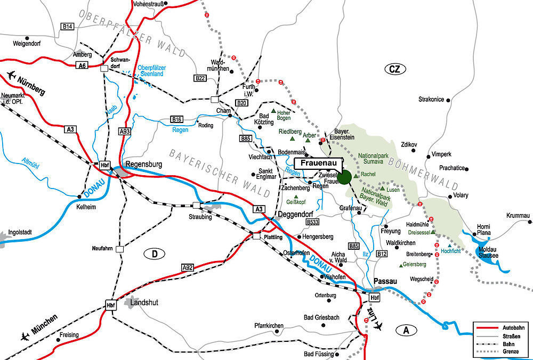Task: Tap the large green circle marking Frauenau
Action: pyautogui.click(x=344, y=177)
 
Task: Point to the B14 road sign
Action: pyautogui.click(x=67, y=26)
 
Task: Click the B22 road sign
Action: pyautogui.click(x=200, y=78)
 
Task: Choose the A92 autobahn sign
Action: pyautogui.click(x=187, y=267)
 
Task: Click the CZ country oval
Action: pyautogui.click(x=394, y=69)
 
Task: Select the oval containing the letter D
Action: pyautogui.click(x=155, y=254)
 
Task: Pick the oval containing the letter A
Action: pyautogui.click(x=407, y=330)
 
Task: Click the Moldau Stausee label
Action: pyautogui.click(x=487, y=252)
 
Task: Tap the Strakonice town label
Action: pyautogui.click(x=431, y=100)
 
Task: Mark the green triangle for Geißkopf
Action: pyautogui.click(x=296, y=197)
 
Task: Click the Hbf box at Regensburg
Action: pyautogui.click(x=104, y=165)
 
